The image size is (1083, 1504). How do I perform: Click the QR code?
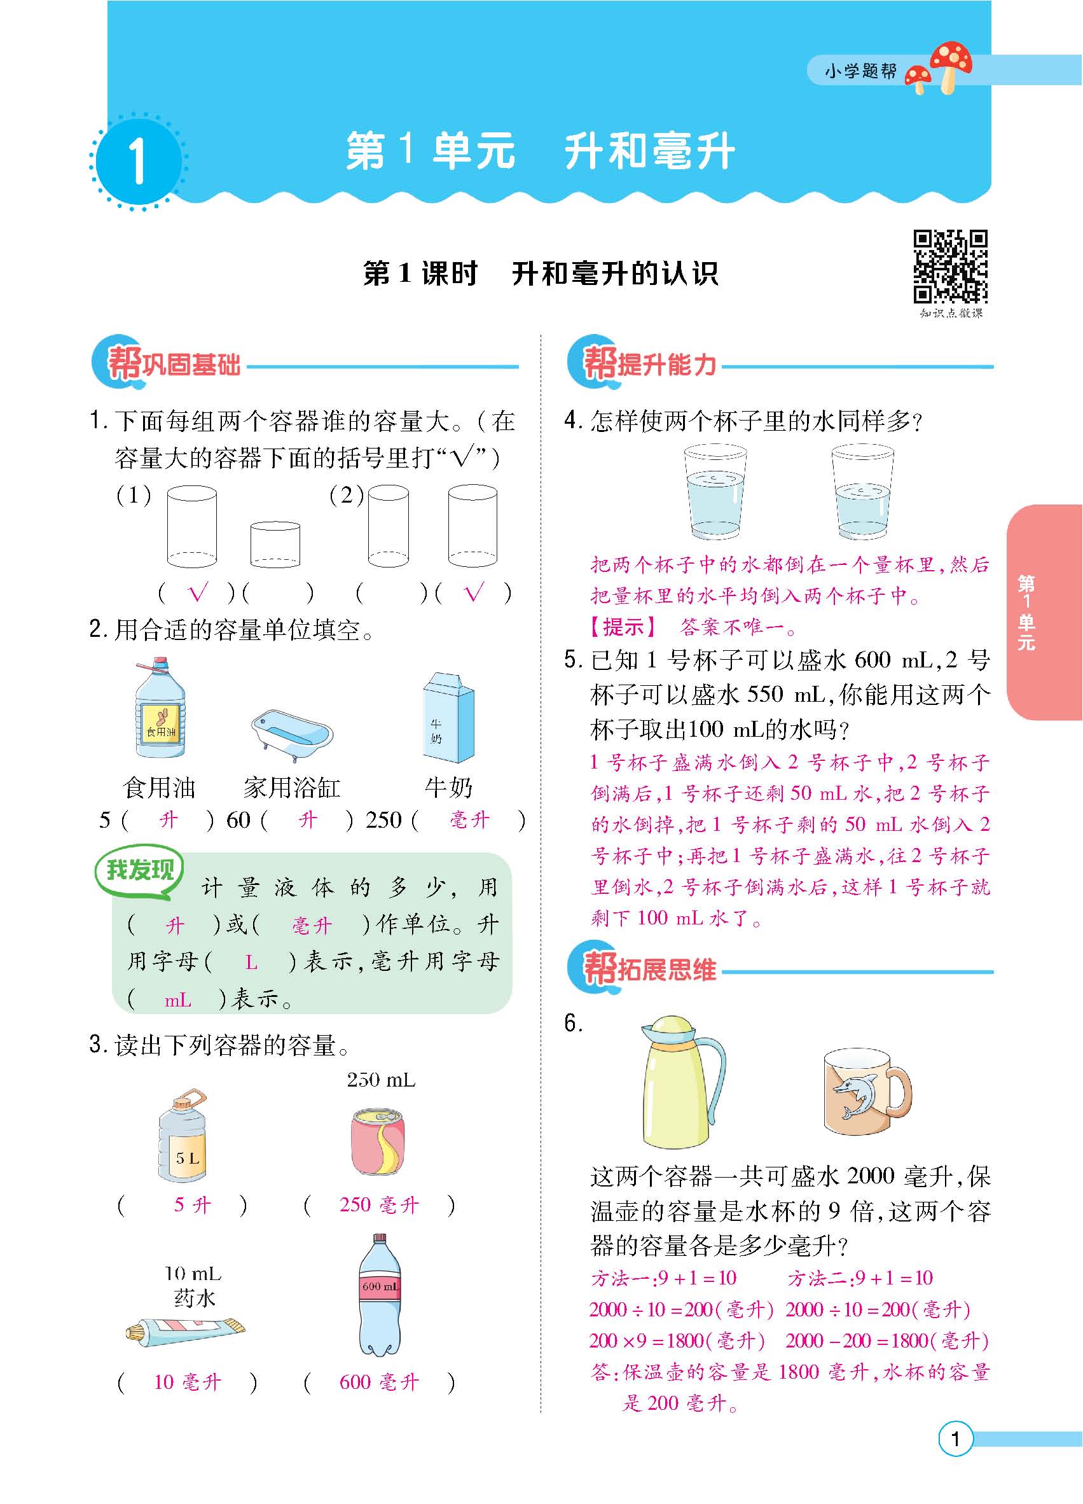point(951,266)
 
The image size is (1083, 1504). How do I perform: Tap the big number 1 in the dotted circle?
point(137,162)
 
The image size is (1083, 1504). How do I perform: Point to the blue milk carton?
point(449,718)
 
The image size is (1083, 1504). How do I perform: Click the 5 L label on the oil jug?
point(188,1158)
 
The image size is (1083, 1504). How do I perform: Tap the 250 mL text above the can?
point(381,1080)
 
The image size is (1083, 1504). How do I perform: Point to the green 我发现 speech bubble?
point(140,871)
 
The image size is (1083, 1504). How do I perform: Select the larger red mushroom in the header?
point(951,63)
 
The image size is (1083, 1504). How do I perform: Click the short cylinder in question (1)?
point(275,545)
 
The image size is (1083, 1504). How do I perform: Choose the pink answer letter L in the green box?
point(251,963)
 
